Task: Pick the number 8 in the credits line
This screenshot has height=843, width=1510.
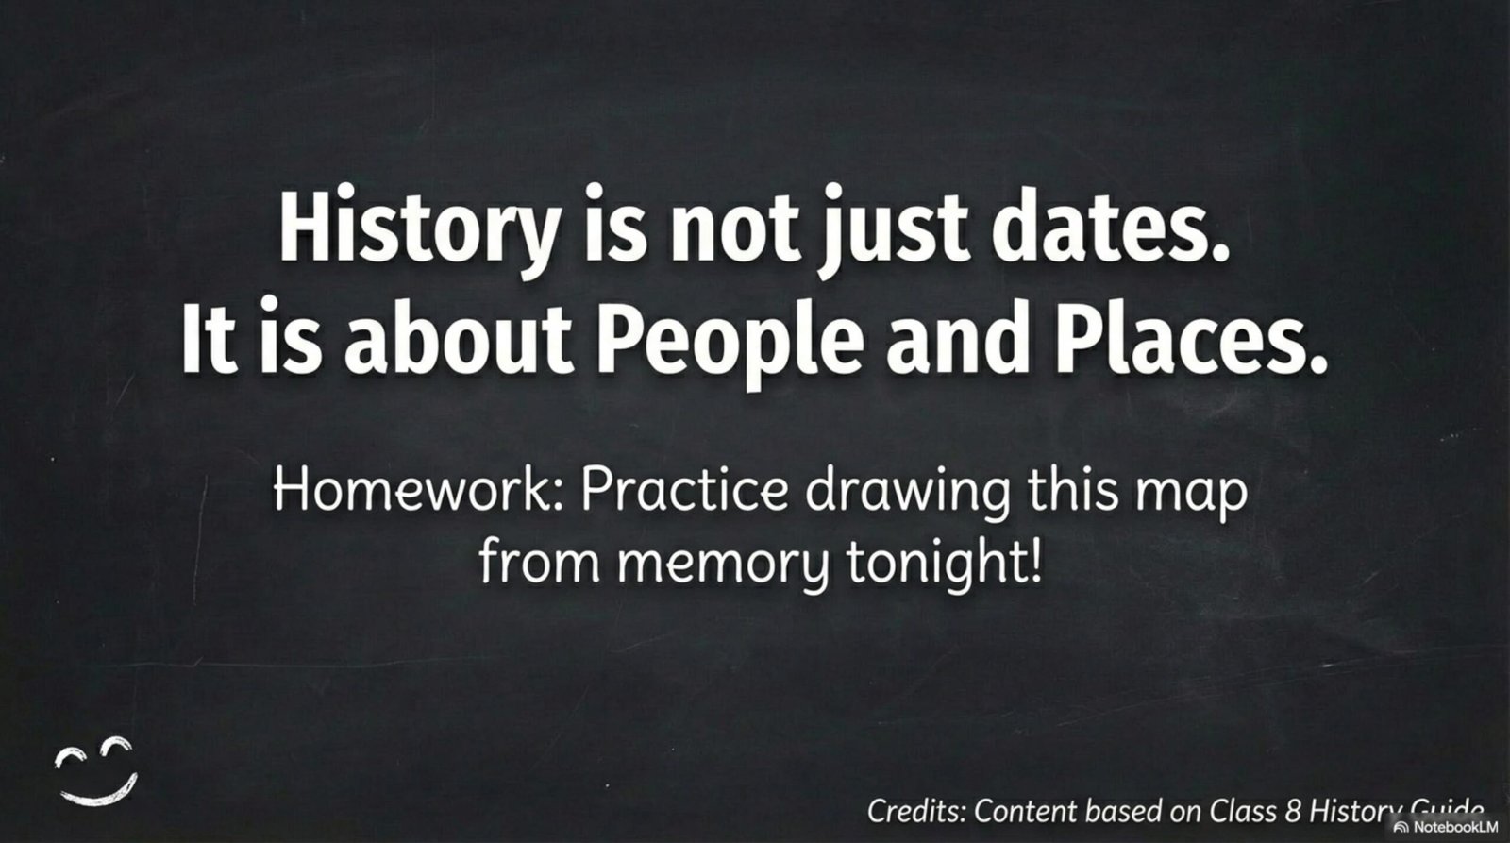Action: [1292, 811]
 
